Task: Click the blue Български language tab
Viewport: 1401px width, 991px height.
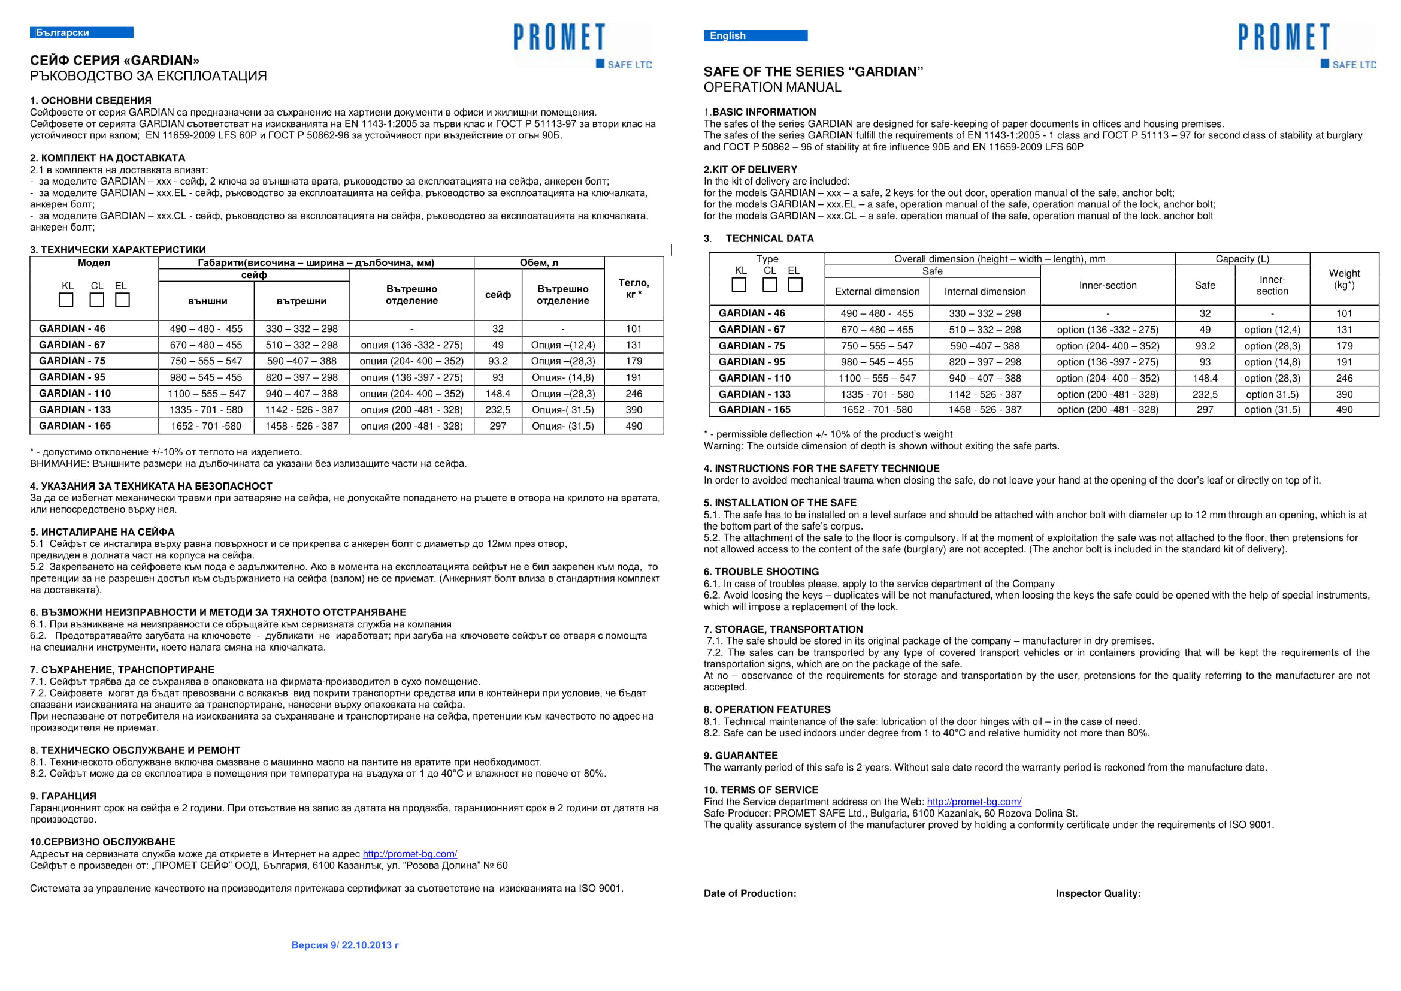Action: (81, 32)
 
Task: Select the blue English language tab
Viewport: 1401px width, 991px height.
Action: (755, 35)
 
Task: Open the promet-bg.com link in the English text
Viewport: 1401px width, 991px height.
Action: (974, 802)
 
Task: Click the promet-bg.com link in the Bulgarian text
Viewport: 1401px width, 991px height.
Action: (410, 854)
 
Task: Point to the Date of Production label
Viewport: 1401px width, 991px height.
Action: (750, 893)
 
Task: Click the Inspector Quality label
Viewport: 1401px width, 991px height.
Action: (1098, 893)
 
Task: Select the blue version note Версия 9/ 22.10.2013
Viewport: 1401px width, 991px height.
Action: (345, 945)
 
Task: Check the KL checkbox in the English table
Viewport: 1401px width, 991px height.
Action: (739, 285)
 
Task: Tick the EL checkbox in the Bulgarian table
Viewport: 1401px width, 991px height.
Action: (123, 300)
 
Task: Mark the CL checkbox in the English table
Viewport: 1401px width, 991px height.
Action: (770, 285)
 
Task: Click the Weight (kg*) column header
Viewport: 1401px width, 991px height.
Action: (1343, 279)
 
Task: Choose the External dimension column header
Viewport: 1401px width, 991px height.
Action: (877, 292)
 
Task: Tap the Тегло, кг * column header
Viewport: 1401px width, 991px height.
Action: (633, 288)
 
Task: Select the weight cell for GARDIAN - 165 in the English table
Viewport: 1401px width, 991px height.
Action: (1343, 410)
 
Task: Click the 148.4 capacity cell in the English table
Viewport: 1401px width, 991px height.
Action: (1205, 378)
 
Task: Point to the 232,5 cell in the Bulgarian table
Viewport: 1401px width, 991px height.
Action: (497, 410)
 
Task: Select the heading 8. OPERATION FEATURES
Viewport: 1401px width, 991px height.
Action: (767, 709)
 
